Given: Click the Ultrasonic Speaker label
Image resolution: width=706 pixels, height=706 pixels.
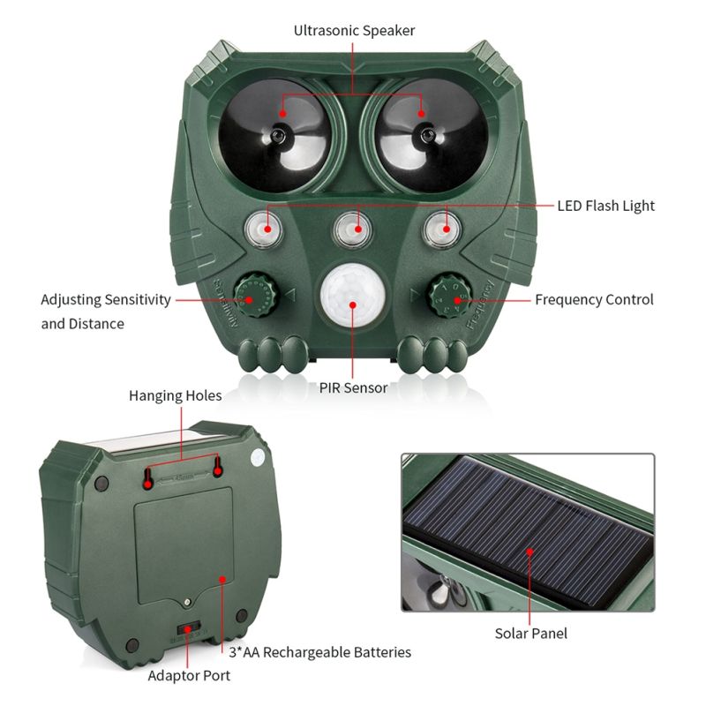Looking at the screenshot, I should (x=354, y=31).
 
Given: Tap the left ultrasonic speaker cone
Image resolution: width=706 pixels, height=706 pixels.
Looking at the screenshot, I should (x=276, y=134).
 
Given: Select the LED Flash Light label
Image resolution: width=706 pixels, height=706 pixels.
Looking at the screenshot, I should (x=605, y=206).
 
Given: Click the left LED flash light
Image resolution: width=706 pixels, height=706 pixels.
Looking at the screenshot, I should (x=261, y=229).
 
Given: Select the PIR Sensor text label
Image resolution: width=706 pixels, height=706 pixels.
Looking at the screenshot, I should (x=353, y=387).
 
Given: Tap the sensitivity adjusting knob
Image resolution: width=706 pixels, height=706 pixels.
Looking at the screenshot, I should (x=250, y=298).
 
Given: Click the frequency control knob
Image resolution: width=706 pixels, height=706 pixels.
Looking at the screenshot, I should (x=456, y=298).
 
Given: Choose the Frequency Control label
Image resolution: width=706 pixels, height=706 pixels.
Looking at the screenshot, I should (x=594, y=299).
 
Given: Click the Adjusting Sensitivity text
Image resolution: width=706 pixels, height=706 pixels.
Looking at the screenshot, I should (x=106, y=299).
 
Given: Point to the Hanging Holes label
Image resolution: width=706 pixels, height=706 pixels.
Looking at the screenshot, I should (x=176, y=395).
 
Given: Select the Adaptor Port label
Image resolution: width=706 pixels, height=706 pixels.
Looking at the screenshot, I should (x=189, y=675).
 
